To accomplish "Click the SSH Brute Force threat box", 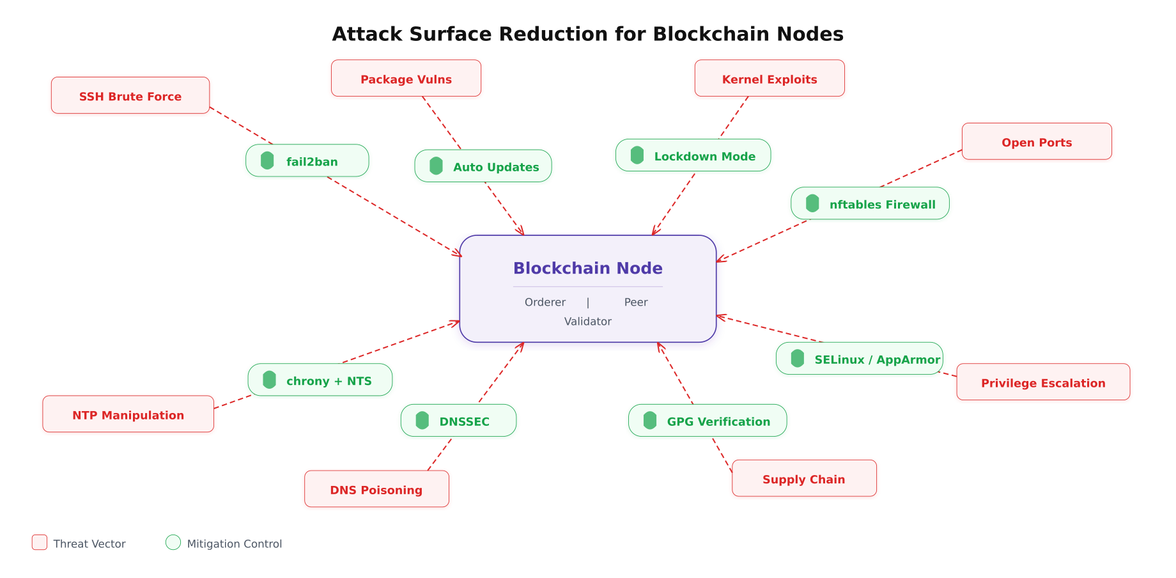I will pyautogui.click(x=130, y=96).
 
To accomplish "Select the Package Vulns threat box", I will pyautogui.click(x=406, y=79).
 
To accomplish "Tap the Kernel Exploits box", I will pyautogui.click(x=770, y=79).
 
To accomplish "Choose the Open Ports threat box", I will pyautogui.click(x=1037, y=142).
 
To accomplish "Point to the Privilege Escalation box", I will pyautogui.click(x=1043, y=382).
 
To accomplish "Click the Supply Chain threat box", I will pyautogui.click(x=804, y=478).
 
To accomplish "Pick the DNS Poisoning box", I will pyautogui.click(x=376, y=489).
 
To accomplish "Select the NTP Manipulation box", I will pyautogui.click(x=128, y=414).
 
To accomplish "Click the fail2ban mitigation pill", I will pyautogui.click(x=307, y=161).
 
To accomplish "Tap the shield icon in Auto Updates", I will pyautogui.click(x=437, y=166).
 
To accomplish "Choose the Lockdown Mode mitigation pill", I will pyautogui.click(x=693, y=156).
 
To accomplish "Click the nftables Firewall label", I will pyautogui.click(x=882, y=205).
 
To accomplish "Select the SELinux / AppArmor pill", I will pyautogui.click(x=859, y=359).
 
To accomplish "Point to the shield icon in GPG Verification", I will pyautogui.click(x=650, y=421).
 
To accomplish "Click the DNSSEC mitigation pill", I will pyautogui.click(x=458, y=421).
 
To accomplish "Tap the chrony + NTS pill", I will pyautogui.click(x=320, y=380).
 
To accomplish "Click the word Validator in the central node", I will pyautogui.click(x=587, y=322).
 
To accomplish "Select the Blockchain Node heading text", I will pyautogui.click(x=587, y=268).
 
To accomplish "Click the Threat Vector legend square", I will pyautogui.click(x=40, y=542).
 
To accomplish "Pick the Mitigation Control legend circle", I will pyautogui.click(x=173, y=542).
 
